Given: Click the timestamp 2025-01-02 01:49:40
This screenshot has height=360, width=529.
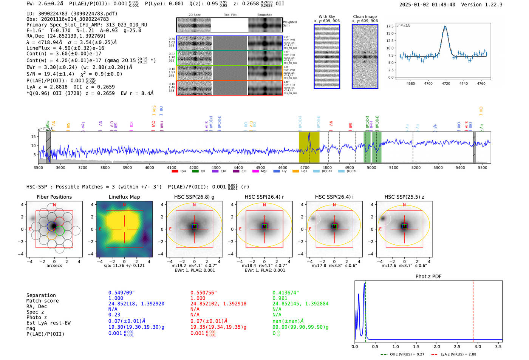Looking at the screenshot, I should click(427, 5).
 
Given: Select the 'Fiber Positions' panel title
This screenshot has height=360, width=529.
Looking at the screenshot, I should click(54, 197).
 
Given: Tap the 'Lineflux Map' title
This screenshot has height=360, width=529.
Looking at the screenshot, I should click(124, 197).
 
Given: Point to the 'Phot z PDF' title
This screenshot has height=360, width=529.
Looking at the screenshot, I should click(428, 277).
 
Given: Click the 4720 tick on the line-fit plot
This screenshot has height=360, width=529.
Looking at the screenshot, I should click(446, 83).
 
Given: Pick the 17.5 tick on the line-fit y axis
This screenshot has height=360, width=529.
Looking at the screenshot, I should click(390, 26).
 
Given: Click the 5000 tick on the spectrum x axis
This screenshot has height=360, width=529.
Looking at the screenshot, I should click(371, 167).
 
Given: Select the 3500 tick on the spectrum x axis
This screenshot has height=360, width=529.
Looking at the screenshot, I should click(38, 167).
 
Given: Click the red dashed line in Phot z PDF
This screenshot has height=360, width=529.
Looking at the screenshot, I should click(473, 310).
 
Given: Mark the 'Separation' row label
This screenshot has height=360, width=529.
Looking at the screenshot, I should click(41, 295).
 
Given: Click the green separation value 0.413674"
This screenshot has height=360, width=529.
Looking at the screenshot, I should click(285, 293).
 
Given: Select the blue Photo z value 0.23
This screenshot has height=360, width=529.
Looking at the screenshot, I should click(114, 315).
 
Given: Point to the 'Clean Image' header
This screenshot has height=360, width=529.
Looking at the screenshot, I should click(365, 17).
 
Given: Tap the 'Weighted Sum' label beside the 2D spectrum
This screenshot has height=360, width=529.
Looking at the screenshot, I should click(289, 23).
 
